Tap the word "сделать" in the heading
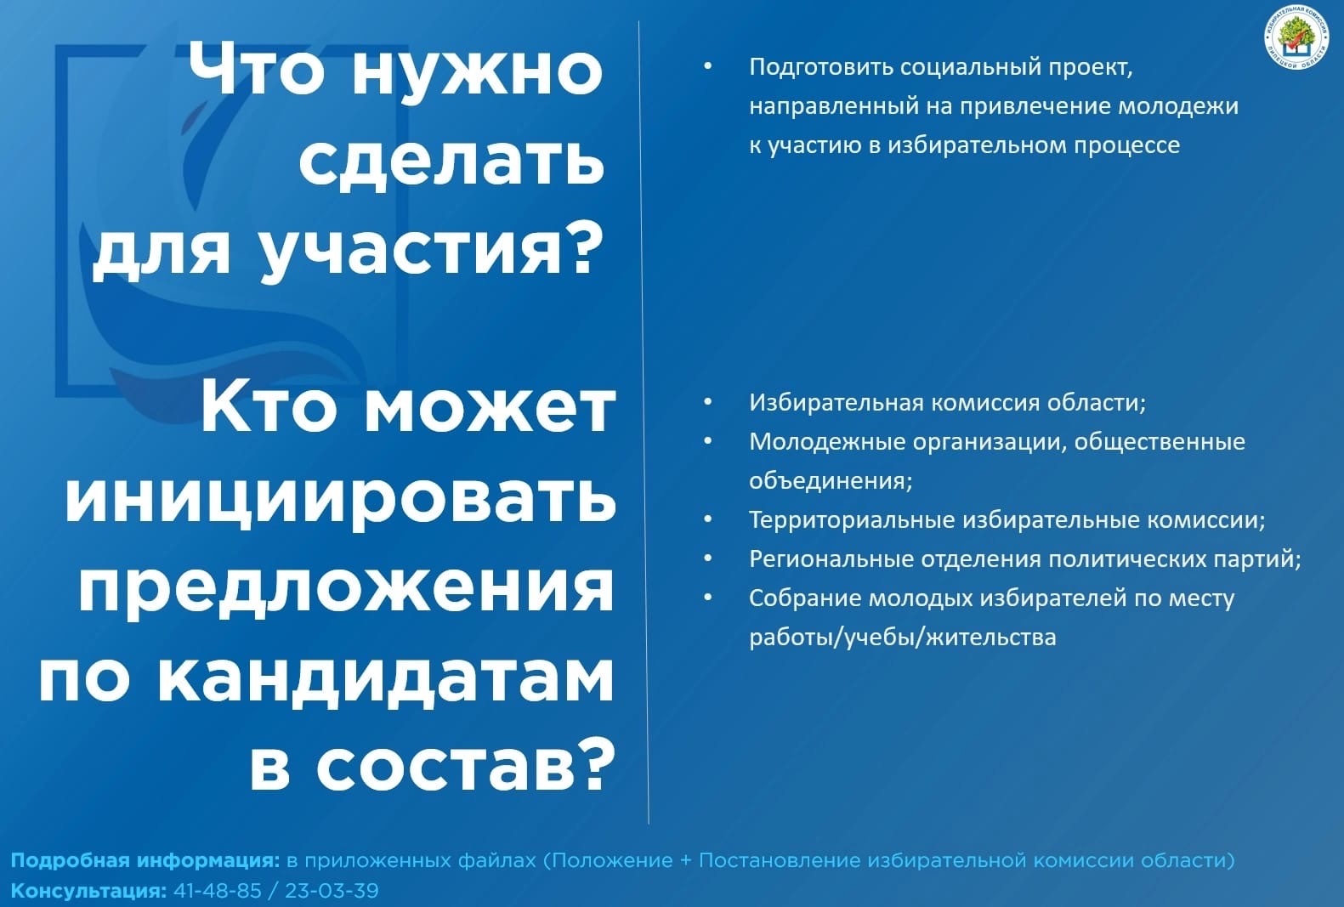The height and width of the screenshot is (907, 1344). point(451,160)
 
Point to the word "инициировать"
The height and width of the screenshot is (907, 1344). point(341,500)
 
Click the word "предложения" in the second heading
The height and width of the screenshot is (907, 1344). point(346,589)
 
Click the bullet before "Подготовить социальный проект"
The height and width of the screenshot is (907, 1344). point(708,66)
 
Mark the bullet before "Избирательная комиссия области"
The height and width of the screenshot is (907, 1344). point(708,401)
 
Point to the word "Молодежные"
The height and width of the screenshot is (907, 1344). point(827,441)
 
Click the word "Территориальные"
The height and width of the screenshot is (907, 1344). point(853,520)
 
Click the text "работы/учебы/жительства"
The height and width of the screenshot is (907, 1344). point(903,637)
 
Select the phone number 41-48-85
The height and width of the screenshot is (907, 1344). point(218,890)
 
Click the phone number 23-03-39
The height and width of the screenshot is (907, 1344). point(332,890)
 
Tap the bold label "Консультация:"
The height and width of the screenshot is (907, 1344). point(88,891)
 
